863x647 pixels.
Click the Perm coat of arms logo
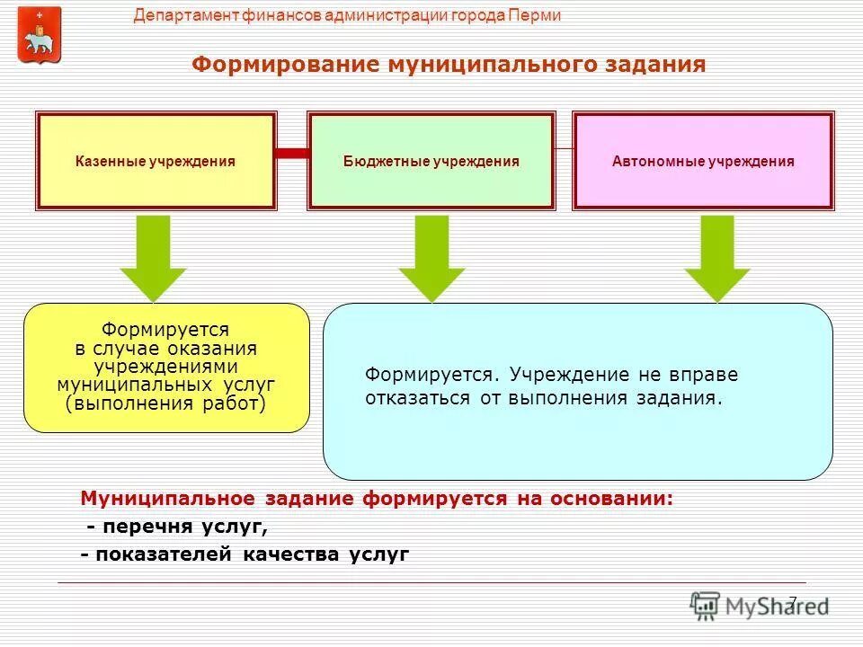(x=40, y=35)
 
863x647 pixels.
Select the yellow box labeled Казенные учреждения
(x=156, y=162)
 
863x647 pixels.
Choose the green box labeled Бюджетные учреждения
(x=431, y=162)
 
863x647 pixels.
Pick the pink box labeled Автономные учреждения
(x=703, y=162)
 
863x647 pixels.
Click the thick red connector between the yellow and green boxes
(x=292, y=154)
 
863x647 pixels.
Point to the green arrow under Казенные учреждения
(x=154, y=257)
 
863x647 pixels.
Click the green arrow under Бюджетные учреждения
(x=432, y=257)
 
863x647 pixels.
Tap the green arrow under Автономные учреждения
(x=717, y=257)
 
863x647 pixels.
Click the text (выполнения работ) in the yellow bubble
(x=166, y=403)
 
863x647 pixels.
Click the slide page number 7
(x=792, y=601)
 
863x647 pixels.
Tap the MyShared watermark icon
(x=706, y=606)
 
